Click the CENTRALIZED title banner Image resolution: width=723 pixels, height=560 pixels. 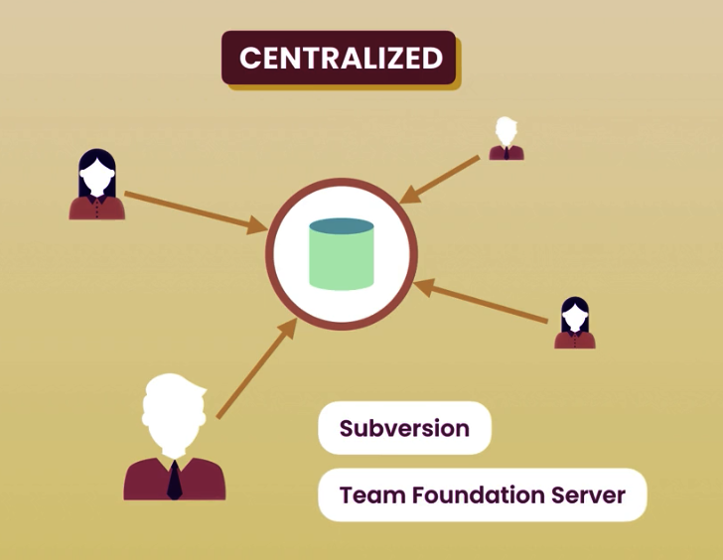(339, 58)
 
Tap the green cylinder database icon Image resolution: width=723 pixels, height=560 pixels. (341, 255)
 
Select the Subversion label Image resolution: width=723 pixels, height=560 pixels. (404, 428)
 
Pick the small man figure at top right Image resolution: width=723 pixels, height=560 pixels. (506, 140)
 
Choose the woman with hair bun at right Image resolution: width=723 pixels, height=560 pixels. (574, 324)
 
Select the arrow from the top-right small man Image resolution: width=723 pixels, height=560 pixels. (444, 180)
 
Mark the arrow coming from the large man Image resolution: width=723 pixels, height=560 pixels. (254, 370)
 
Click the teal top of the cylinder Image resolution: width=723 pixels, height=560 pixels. (341, 227)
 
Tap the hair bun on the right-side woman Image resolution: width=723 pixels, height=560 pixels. (574, 301)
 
